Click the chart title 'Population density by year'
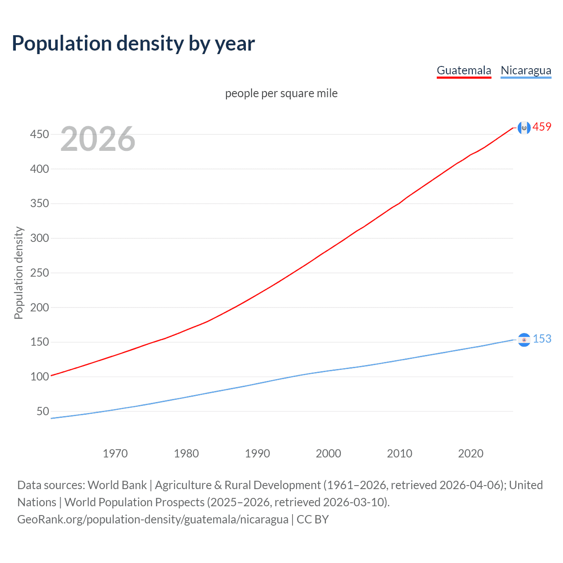click(133, 44)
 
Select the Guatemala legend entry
click(464, 70)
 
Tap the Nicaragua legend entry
click(526, 70)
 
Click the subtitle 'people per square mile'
click(281, 93)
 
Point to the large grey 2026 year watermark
click(98, 139)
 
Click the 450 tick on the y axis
click(39, 134)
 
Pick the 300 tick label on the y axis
click(39, 238)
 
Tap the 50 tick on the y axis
click(42, 411)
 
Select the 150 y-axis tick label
click(39, 342)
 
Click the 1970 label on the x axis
click(115, 453)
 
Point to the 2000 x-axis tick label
click(329, 453)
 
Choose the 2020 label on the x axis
click(471, 453)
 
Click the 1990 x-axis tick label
click(257, 453)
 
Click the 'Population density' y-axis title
click(18, 273)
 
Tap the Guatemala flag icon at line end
click(524, 128)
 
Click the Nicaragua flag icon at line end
click(524, 340)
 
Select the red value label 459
click(542, 127)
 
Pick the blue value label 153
click(542, 339)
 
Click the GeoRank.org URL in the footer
click(153, 519)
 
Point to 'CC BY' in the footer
click(313, 519)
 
